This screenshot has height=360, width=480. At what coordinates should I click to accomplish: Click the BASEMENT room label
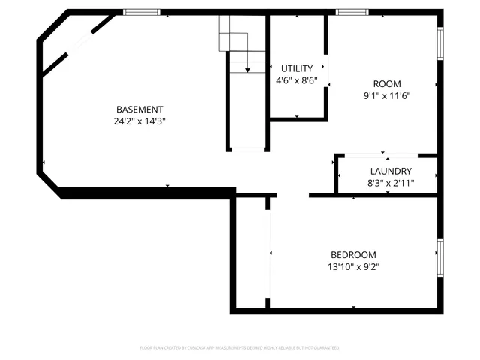139,109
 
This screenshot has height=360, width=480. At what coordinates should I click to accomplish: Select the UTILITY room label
297,68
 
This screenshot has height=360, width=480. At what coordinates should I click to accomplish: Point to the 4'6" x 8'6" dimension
297,79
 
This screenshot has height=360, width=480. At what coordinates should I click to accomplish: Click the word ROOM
387,83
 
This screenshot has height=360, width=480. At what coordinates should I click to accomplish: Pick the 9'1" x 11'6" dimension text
387,95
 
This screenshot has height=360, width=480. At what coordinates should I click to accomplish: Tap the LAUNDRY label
390,171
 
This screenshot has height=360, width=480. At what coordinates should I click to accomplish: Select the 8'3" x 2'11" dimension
390,182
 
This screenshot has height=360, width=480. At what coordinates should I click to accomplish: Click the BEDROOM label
353,254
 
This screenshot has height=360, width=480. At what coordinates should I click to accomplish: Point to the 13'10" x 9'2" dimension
353,266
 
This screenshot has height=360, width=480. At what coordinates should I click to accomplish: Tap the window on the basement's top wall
142,12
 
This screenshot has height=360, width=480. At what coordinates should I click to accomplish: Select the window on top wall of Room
351,12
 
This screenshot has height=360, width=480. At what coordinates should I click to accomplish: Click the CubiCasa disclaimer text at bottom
239,348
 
